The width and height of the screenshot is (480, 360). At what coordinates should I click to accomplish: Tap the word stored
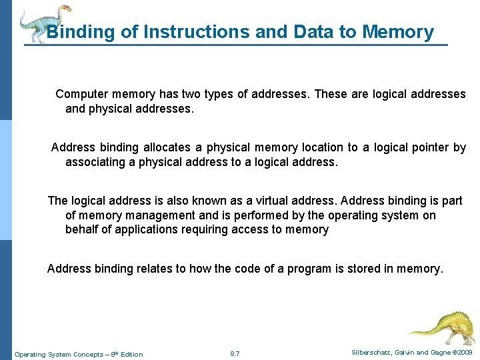tap(358, 269)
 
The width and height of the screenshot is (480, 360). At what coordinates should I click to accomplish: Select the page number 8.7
tap(235, 354)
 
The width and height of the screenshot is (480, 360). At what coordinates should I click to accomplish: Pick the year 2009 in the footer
tap(463, 353)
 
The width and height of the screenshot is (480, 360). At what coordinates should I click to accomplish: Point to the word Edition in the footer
tap(130, 354)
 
